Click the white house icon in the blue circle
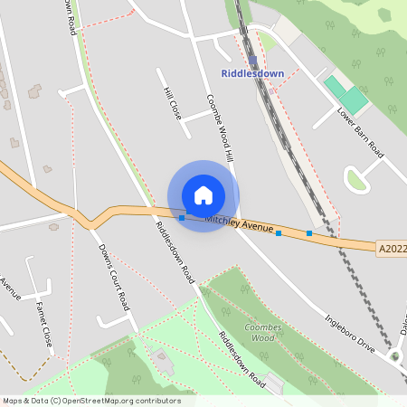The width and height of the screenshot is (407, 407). [x=203, y=195]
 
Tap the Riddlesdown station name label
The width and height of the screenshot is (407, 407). [x=252, y=74]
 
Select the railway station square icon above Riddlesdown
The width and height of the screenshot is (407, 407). [x=252, y=62]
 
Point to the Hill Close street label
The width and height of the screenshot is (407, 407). [x=173, y=105]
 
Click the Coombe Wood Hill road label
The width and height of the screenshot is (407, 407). [x=220, y=128]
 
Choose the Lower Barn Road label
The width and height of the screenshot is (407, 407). [x=360, y=133]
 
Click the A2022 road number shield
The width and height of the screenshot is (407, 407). [x=390, y=247]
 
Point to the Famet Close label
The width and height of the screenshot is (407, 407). [x=42, y=320]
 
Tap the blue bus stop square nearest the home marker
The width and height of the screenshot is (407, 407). [x=182, y=217]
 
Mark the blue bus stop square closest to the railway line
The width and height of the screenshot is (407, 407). [x=309, y=234]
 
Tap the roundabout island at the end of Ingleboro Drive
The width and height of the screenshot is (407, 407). [x=394, y=356]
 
